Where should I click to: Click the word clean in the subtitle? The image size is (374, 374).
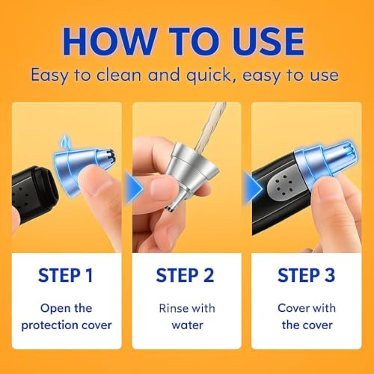point(119,75)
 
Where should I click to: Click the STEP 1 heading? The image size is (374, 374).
point(66,275)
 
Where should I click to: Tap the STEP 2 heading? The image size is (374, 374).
point(185,275)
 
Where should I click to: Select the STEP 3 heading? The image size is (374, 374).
point(306,275)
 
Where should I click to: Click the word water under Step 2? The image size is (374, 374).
point(187,325)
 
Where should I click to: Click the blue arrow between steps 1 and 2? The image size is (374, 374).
point(134,188)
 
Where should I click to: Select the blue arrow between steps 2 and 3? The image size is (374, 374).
point(254,188)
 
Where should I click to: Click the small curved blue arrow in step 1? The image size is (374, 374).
point(65,141)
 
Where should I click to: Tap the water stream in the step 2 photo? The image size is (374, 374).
point(209,126)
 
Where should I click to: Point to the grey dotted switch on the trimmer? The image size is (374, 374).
point(283,186)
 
